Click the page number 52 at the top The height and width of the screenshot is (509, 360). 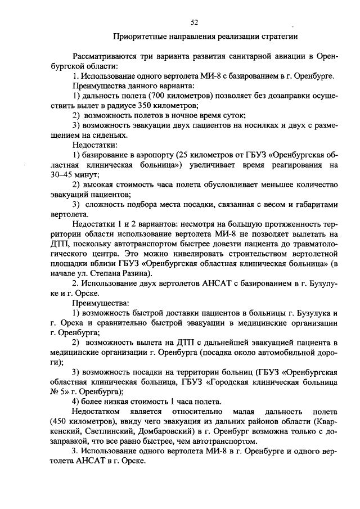194,22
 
